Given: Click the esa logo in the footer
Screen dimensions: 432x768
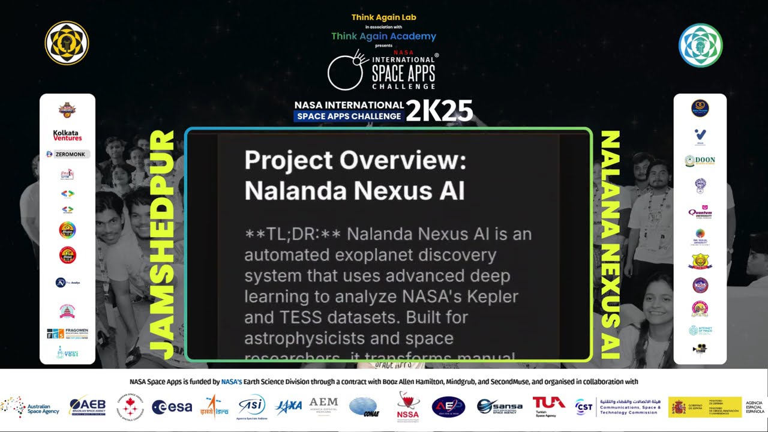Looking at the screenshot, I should [172, 407].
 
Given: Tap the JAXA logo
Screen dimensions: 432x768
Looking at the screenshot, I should [289, 407].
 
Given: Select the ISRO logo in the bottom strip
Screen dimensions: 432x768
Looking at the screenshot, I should [214, 407].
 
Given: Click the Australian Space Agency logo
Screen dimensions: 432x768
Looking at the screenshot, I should [30, 407].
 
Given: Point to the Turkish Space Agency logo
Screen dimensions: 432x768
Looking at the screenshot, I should [549, 406].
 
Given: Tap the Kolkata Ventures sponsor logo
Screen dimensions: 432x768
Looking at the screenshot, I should [67, 135].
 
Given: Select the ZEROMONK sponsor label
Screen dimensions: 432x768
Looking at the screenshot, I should [68, 154].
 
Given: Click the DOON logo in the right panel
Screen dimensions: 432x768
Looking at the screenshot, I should [700, 161].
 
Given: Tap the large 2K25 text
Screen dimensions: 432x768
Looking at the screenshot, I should [439, 111].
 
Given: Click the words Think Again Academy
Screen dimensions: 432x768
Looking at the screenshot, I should [383, 36].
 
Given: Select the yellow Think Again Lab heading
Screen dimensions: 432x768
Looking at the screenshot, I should [383, 17].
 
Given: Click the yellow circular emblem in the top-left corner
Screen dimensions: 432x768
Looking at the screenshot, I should [67, 43].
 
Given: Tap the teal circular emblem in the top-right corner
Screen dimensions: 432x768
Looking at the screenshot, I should [700, 45].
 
